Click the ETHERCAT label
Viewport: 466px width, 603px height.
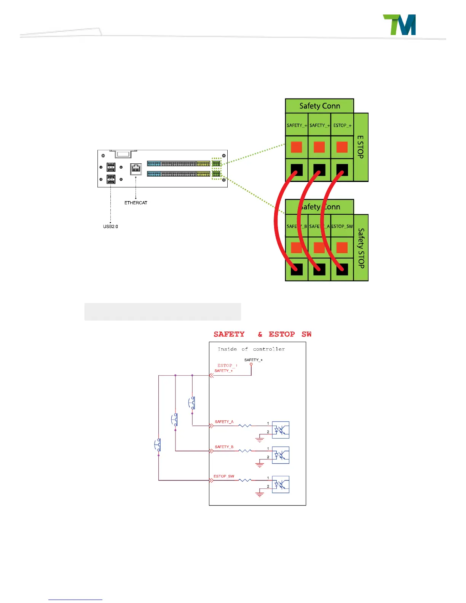coord(136,203)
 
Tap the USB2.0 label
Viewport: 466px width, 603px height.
coord(110,227)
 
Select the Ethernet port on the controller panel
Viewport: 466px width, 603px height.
coord(136,169)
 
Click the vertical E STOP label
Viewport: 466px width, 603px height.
coord(361,147)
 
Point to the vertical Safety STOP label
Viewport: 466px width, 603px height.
coord(361,248)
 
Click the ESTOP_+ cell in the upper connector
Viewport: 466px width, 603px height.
coord(342,125)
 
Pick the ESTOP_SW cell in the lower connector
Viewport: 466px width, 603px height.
coord(342,226)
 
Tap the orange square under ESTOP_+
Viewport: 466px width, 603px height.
coord(342,147)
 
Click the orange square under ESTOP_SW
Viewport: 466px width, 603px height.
coord(342,248)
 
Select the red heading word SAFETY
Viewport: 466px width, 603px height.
coord(229,334)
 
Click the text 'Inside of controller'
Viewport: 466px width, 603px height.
coord(251,349)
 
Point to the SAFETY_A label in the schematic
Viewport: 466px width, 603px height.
coord(224,422)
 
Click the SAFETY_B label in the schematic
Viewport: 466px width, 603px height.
coord(224,447)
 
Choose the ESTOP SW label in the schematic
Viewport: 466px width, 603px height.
coord(224,476)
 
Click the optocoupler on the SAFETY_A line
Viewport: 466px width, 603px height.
coord(281,430)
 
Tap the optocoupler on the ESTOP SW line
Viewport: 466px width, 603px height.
coord(281,485)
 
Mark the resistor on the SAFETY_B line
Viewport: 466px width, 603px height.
coord(245,451)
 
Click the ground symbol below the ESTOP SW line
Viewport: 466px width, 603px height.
coord(260,494)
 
